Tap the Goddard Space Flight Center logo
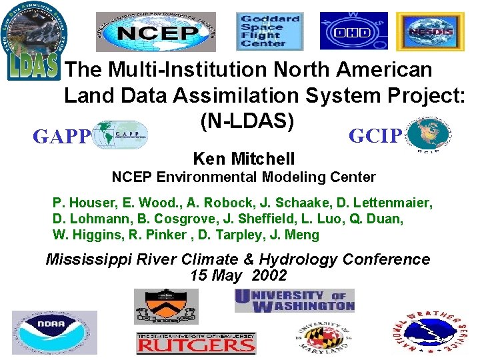pos(270,31)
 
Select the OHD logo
pos(344,31)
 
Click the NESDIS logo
pos(421,31)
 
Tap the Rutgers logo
pos(195,343)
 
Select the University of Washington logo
pos(294,301)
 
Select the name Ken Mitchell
pos(243,159)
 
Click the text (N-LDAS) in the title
pos(247,120)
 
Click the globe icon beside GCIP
pos(427,135)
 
